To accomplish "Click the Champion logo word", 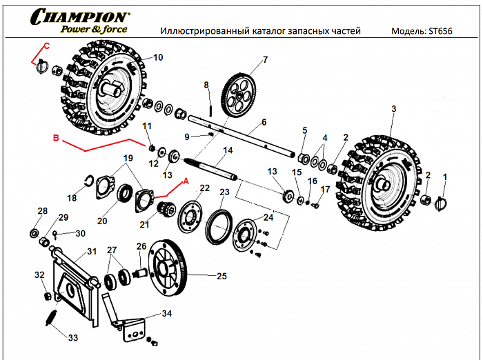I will click(79, 16).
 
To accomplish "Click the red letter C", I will click(46, 46).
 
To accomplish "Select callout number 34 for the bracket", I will click(166, 314).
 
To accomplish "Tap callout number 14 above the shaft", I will click(228, 150).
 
